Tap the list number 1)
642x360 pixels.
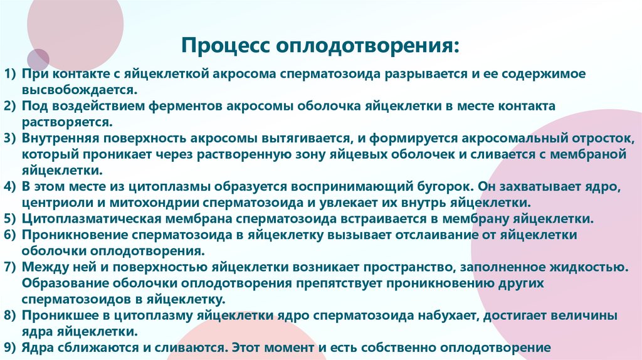coord(11,74)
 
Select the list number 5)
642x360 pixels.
coord(11,219)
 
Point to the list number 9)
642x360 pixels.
coord(11,347)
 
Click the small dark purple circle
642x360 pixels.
coord(38,60)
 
